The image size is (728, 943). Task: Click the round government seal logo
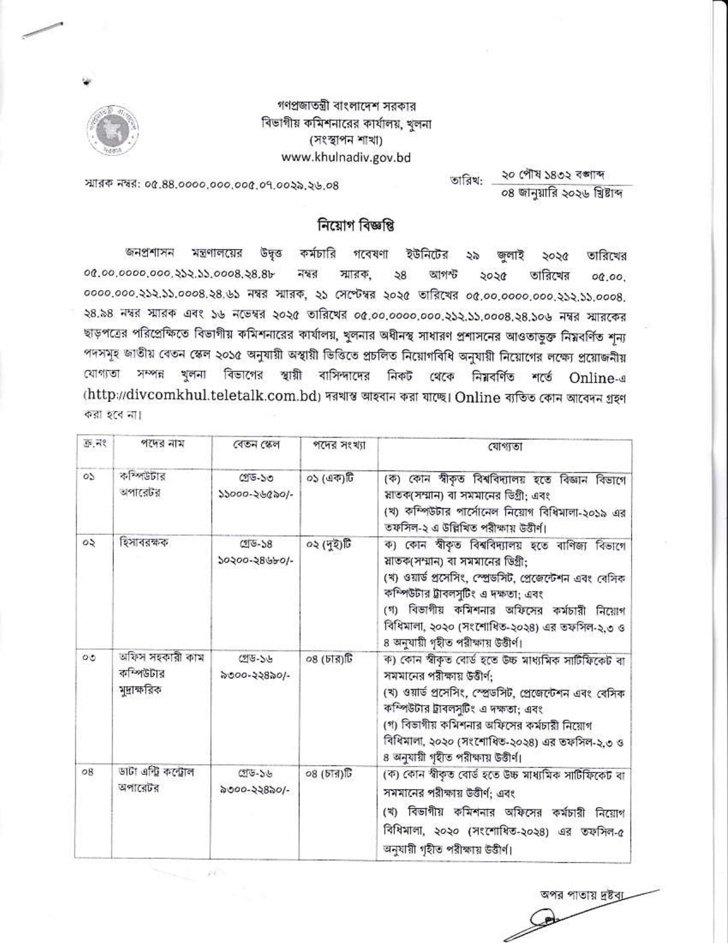click(x=115, y=129)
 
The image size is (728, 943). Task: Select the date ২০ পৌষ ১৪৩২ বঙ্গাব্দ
click(x=553, y=176)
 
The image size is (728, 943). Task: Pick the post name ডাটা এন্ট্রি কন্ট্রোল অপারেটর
click(x=157, y=780)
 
